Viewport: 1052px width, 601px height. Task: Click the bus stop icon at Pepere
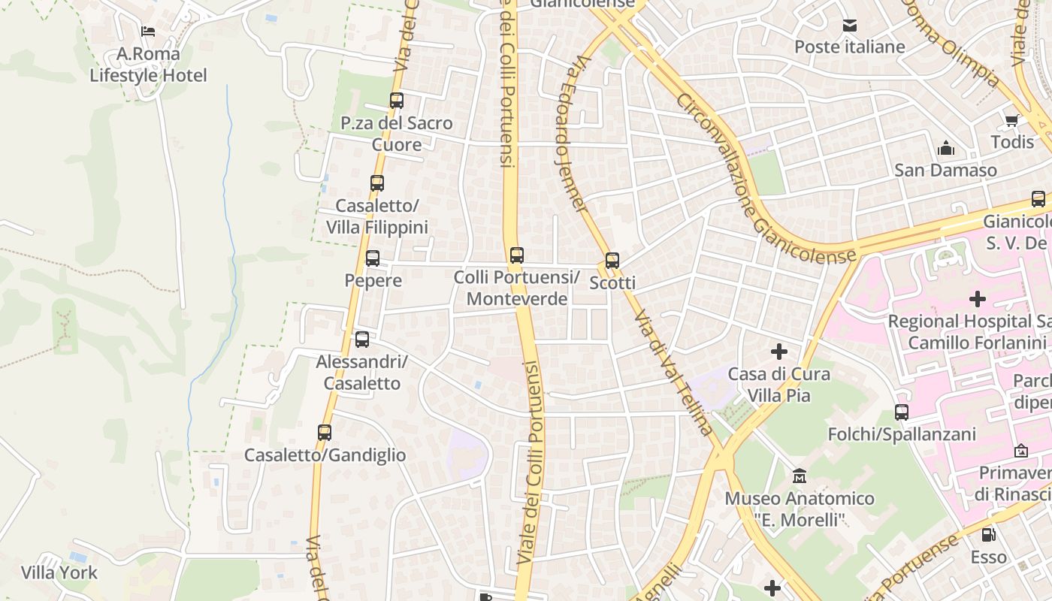click(373, 258)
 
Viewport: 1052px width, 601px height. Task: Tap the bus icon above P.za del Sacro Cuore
click(397, 100)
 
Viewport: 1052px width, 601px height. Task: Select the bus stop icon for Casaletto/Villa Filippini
click(377, 183)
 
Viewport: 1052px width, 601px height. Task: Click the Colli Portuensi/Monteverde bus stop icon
click(516, 255)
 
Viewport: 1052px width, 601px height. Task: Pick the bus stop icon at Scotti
click(612, 261)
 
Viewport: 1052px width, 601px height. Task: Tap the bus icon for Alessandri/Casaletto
click(362, 339)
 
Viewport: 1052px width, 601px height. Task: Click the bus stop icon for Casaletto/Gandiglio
click(325, 433)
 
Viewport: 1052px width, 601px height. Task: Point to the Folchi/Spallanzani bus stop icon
click(902, 412)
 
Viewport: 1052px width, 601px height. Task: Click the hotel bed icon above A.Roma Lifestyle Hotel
click(148, 32)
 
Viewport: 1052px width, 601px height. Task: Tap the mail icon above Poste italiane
click(850, 26)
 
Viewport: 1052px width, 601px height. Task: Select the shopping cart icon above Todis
click(1011, 120)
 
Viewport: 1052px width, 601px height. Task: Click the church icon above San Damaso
click(946, 148)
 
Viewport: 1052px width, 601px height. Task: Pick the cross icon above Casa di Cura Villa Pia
click(779, 351)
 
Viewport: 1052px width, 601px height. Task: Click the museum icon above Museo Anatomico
click(800, 476)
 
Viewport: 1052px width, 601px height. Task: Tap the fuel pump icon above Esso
click(989, 535)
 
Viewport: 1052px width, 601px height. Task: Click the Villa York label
click(59, 572)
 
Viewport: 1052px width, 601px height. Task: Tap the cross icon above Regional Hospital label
click(977, 299)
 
